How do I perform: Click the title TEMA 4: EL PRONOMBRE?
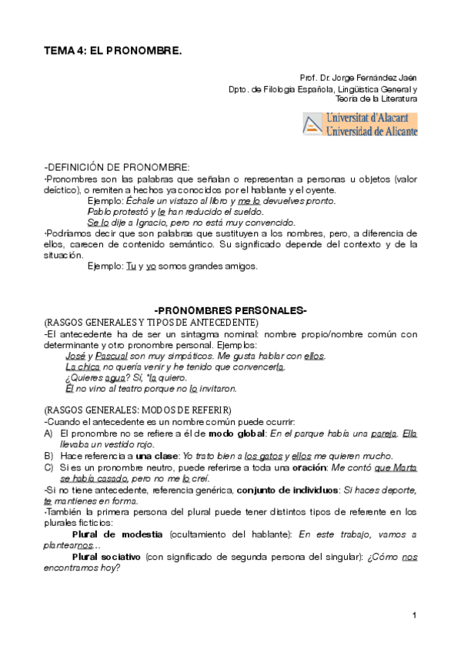[112, 50]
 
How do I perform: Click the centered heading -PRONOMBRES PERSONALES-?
[231, 310]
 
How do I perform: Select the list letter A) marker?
[49, 434]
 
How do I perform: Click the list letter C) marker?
[49, 467]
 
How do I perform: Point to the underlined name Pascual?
[113, 356]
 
